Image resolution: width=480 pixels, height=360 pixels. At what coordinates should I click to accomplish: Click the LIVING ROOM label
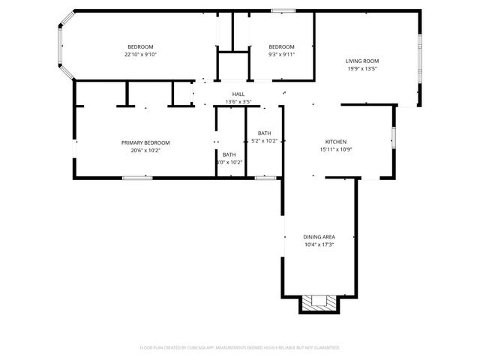pos(361,61)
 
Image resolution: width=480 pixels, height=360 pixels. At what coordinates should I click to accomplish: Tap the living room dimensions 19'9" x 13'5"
pos(361,69)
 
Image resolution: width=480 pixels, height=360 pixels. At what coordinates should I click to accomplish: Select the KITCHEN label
pos(335,142)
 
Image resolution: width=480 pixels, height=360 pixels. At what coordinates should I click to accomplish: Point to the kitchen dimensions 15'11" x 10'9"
pos(335,149)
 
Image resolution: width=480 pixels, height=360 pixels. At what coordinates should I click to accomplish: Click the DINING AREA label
pos(319,236)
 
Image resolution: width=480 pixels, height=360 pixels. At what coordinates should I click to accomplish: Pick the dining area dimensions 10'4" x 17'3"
pos(319,244)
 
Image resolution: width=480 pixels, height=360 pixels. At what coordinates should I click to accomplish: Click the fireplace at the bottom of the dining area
pos(319,303)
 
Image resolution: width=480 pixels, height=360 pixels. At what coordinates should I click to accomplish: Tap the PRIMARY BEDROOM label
pos(145,142)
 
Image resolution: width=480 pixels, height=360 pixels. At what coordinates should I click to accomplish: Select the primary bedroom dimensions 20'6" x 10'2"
pos(145,150)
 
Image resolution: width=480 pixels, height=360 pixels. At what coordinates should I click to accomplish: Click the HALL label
pos(238,94)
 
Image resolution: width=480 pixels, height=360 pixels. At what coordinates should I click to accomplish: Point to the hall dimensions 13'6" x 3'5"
pos(238,101)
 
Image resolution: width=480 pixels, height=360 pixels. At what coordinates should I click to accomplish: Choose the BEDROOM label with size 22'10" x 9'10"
pos(140,46)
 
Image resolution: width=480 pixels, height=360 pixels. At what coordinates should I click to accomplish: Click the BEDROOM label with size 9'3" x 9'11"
pos(281,46)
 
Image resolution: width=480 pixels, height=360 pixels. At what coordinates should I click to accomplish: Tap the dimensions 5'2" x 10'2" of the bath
pos(264,140)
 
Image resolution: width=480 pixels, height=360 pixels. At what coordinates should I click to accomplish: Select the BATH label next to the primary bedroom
pos(229,154)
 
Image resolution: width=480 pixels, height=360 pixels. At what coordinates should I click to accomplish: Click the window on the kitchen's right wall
pos(393,139)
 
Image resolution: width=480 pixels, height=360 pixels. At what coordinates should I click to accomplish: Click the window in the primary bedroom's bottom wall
pos(138,178)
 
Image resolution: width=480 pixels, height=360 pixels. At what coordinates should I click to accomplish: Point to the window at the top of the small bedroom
pos(282,10)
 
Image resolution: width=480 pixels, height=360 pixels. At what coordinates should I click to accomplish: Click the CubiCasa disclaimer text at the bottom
pos(240,347)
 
